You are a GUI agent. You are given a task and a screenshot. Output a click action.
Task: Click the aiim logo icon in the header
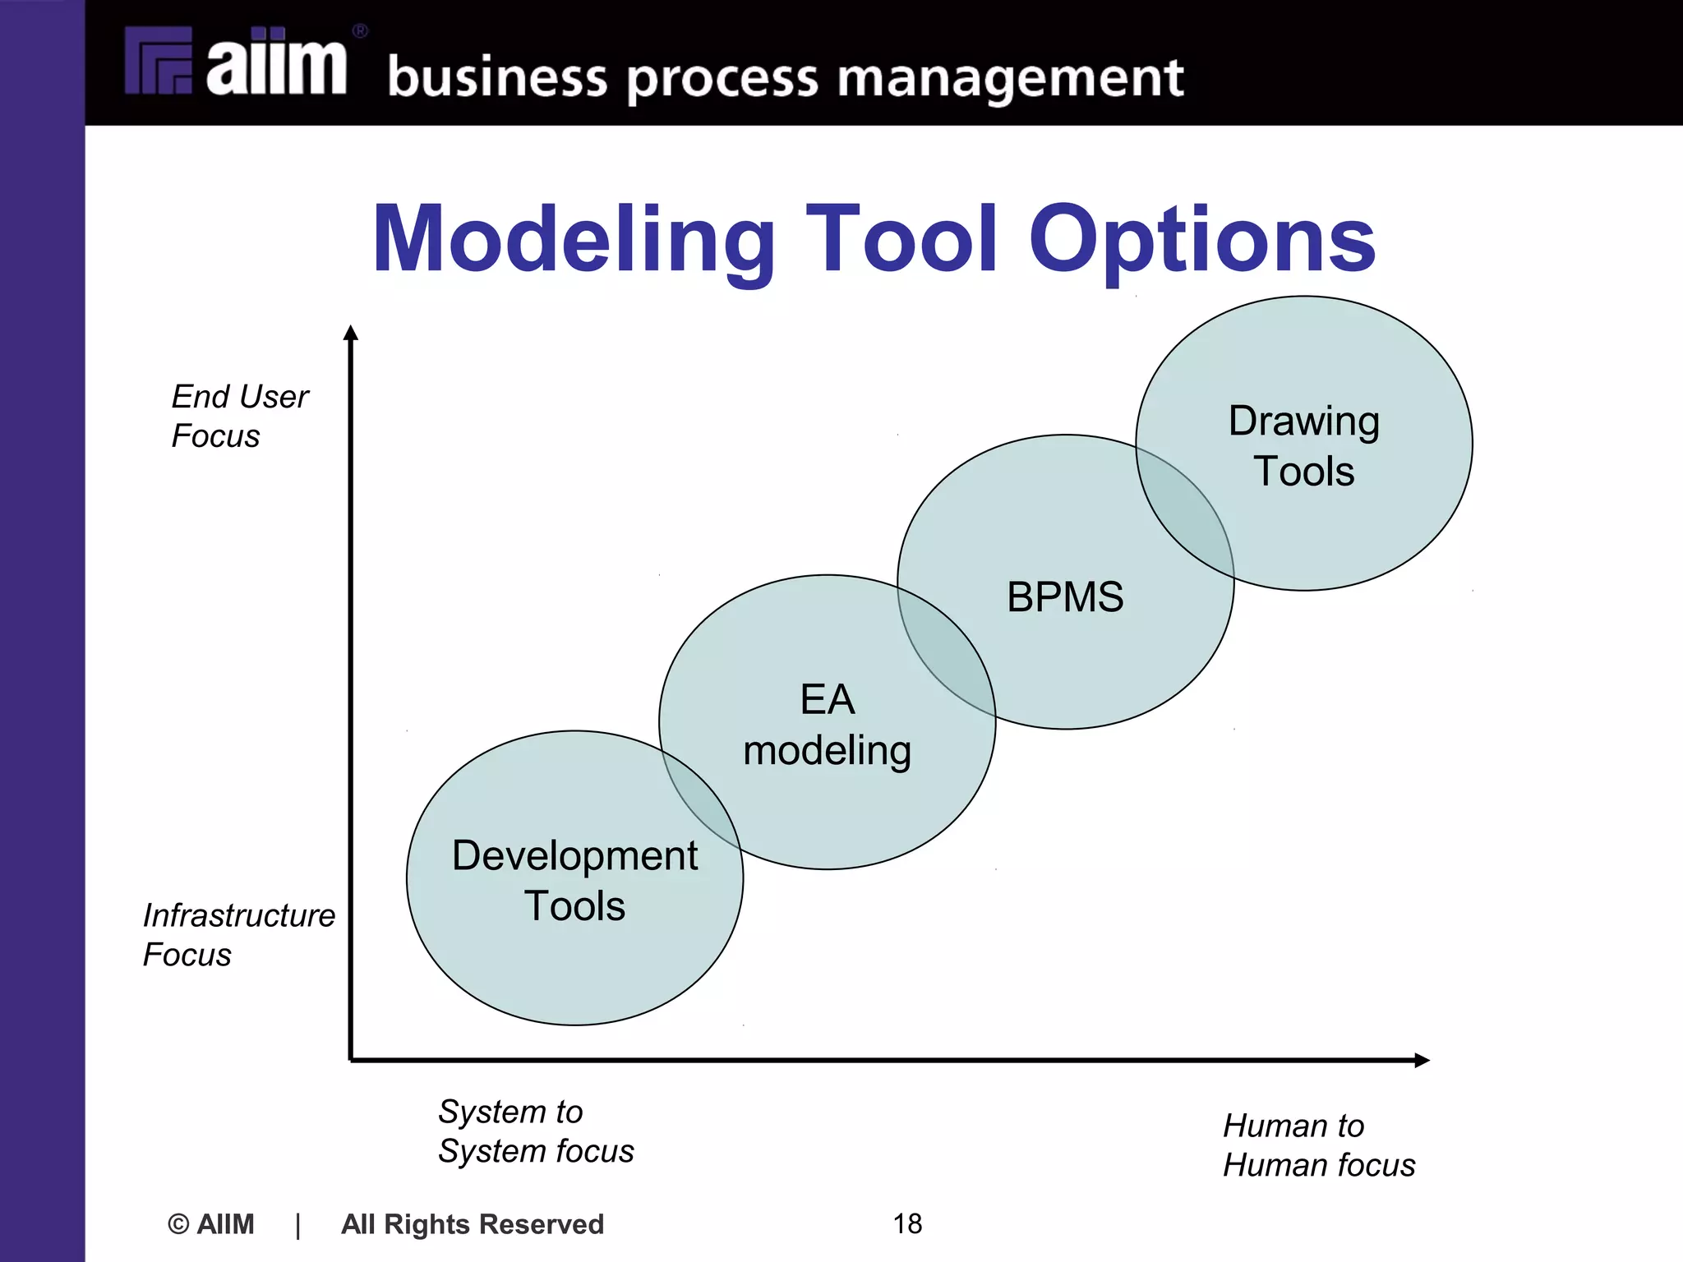click(159, 61)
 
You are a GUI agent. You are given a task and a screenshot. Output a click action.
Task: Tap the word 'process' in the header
click(723, 80)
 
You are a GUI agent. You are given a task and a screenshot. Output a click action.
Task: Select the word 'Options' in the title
click(1201, 239)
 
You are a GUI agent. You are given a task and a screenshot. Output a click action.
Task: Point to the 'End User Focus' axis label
click(239, 416)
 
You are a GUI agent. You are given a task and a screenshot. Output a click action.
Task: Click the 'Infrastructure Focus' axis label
click(238, 934)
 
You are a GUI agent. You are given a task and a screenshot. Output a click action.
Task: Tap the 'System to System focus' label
click(535, 1131)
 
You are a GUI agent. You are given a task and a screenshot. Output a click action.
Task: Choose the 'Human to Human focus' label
click(1318, 1145)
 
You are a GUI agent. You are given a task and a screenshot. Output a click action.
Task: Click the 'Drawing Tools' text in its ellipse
click(1303, 445)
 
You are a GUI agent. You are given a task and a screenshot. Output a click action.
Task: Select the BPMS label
click(1065, 596)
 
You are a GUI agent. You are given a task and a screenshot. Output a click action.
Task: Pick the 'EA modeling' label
click(827, 725)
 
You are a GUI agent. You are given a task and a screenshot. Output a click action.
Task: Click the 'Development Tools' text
click(574, 881)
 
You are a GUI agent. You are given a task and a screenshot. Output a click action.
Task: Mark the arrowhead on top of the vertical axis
click(351, 332)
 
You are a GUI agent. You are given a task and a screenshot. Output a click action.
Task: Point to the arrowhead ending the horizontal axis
click(1422, 1060)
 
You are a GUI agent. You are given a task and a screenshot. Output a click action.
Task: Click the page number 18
click(907, 1223)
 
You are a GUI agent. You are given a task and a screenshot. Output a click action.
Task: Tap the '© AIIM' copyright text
click(211, 1224)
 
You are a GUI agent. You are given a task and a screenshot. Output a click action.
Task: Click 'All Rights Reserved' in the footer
click(473, 1224)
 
